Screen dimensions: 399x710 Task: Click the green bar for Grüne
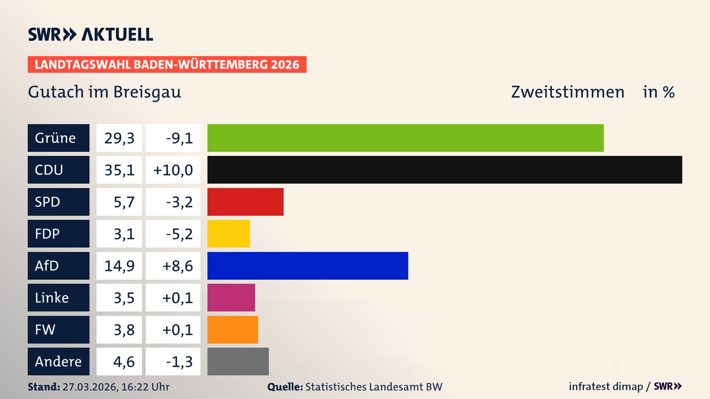pos(405,138)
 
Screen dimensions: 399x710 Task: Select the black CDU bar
pos(444,170)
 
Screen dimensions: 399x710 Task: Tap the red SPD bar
pos(245,202)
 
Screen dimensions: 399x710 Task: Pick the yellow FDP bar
pos(229,233)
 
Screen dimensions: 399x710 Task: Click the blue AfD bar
pos(308,266)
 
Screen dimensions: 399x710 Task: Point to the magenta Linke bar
pos(231,297)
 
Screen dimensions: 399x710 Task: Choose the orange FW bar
pos(233,330)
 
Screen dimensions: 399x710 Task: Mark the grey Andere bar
pos(238,361)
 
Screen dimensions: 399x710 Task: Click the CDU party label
pos(58,170)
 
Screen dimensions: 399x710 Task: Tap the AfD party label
pos(58,266)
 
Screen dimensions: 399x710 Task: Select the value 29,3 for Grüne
pos(119,138)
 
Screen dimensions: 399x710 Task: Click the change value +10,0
pos(173,170)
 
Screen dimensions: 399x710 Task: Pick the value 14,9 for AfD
pos(119,266)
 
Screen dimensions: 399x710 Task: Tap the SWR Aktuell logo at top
pos(90,34)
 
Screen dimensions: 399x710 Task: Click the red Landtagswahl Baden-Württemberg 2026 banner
pos(167,64)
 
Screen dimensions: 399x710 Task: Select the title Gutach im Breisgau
pos(104,92)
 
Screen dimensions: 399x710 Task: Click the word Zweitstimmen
pos(568,92)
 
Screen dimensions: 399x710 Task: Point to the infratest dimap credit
pos(606,386)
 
